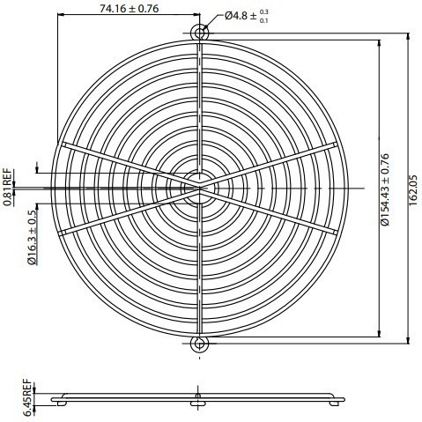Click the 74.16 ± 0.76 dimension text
coord(129,9)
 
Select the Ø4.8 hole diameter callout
coord(247,16)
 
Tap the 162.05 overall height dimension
coord(412,190)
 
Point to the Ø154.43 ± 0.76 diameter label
coord(384,189)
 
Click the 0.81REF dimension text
coord(8,188)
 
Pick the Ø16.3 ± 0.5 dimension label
coord(33,237)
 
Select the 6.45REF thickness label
coord(27,397)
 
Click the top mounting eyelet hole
coord(200,32)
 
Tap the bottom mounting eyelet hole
coord(200,344)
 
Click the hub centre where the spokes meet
coord(200,189)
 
